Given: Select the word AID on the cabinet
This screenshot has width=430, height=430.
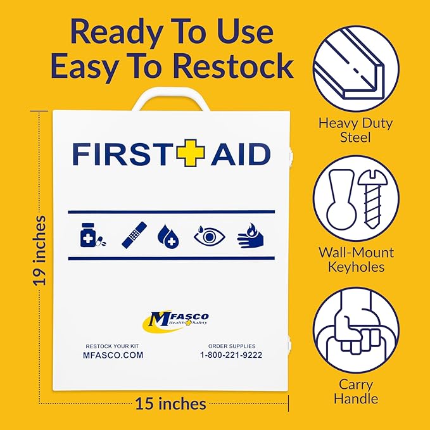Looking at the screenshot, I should [x=240, y=154].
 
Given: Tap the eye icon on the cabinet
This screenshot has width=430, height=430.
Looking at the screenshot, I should [x=209, y=235].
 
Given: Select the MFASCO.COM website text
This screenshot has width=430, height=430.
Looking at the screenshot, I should [x=113, y=355].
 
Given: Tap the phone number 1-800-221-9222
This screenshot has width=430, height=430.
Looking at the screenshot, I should [x=231, y=355].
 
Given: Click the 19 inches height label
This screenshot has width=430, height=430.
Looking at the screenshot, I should [x=40, y=251].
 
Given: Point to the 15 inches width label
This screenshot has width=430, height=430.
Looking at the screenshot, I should [x=170, y=403].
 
